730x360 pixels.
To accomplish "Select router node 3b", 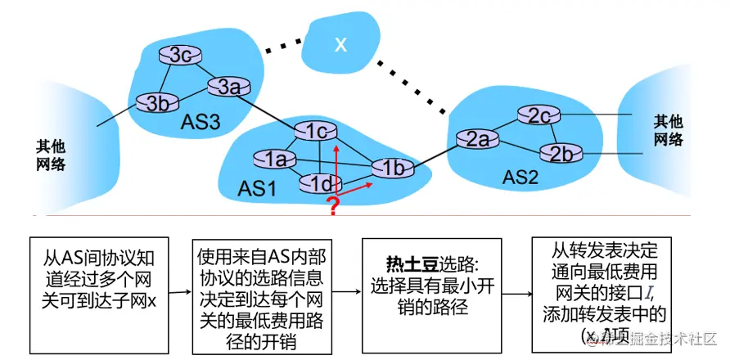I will click(x=151, y=104).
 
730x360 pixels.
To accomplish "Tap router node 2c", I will click(x=538, y=116).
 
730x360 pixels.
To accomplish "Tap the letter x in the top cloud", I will click(x=340, y=44).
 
